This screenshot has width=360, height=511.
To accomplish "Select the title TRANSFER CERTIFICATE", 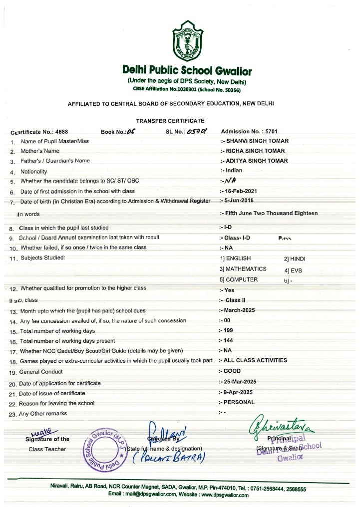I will point(170,120).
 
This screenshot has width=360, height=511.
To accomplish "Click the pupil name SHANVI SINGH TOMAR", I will point(257,141).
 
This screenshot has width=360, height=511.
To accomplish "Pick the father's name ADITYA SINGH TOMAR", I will point(257,161).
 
